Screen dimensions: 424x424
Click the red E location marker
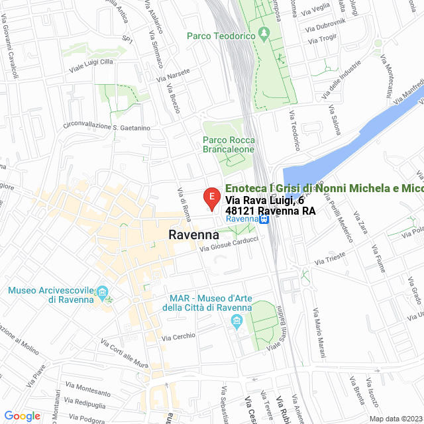click(x=211, y=197)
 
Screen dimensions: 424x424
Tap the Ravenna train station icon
click(x=264, y=219)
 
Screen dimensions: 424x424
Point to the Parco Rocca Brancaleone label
click(x=229, y=144)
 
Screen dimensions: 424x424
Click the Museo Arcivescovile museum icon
click(x=102, y=292)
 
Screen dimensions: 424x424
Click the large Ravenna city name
click(x=194, y=235)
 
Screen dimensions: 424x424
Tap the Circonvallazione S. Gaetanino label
click(x=107, y=127)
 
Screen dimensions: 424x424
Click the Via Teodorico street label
click(x=294, y=130)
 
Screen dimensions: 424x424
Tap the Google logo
click(x=23, y=416)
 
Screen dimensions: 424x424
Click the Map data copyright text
click(x=395, y=418)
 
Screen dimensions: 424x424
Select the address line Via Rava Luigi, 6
click(x=264, y=200)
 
